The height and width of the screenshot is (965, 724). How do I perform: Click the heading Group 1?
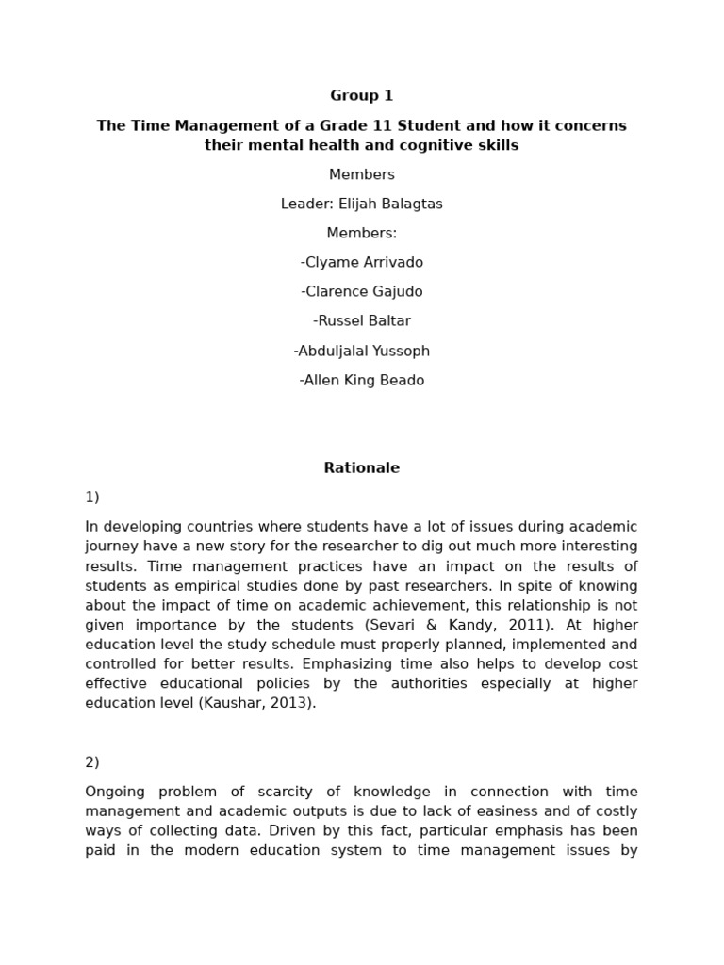click(361, 95)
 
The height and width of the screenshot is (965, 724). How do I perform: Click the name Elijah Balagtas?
click(388, 204)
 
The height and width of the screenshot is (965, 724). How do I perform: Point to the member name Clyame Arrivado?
click(364, 262)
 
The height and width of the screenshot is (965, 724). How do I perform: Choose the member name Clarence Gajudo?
click(364, 291)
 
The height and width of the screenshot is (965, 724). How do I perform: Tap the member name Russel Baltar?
click(364, 320)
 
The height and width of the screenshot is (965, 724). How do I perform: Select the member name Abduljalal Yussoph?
click(364, 351)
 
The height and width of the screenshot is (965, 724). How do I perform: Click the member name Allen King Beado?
click(364, 380)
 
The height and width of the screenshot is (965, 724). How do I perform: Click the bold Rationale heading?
click(361, 467)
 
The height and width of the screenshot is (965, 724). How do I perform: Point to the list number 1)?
click(92, 497)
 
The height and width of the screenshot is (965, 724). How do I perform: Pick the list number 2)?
click(92, 761)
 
